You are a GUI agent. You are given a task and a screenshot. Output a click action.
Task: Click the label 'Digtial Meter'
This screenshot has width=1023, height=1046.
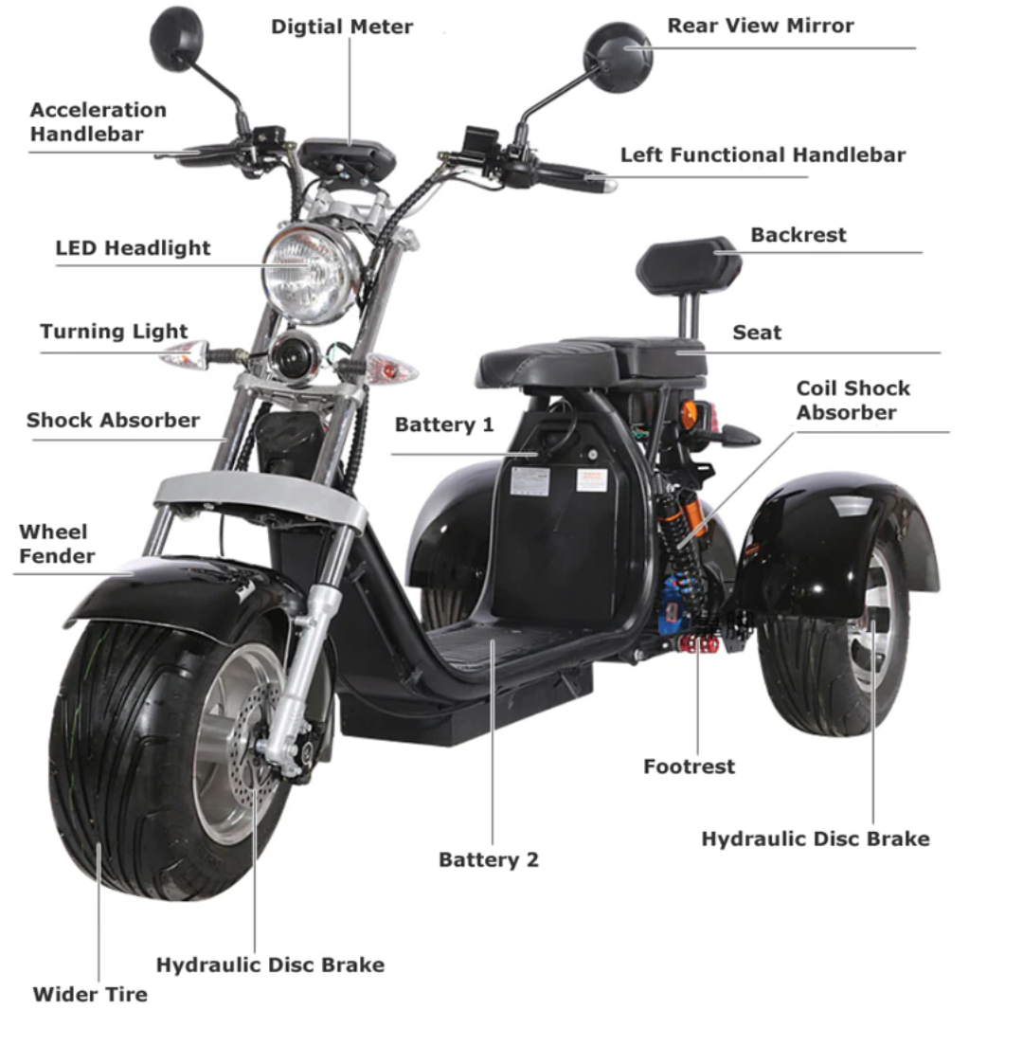(342, 27)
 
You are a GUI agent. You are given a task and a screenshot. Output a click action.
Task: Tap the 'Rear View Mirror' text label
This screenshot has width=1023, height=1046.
(760, 26)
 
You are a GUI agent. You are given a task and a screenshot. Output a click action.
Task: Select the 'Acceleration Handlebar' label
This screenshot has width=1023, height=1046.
(98, 122)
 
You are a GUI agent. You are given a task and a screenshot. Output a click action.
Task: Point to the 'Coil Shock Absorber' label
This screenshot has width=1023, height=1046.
(852, 400)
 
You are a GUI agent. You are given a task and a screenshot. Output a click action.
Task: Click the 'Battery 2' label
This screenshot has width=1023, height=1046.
(488, 859)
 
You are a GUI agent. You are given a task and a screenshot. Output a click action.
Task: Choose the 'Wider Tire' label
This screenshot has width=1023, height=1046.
(90, 994)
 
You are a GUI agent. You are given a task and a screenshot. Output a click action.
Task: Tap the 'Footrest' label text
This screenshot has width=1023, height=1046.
(689, 766)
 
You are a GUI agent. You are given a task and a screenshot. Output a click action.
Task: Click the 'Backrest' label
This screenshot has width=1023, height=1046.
(799, 235)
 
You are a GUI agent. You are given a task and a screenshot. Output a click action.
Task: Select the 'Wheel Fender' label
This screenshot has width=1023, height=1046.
(57, 544)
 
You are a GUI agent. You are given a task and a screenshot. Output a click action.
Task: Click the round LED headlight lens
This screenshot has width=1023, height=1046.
(310, 272)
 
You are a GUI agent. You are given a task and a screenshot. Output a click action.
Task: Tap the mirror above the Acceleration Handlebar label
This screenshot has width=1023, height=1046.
(176, 38)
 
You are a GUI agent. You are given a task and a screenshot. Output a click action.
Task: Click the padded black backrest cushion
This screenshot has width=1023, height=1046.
(689, 266)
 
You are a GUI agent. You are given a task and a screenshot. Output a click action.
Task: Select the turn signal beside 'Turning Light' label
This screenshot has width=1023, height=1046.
(186, 355)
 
